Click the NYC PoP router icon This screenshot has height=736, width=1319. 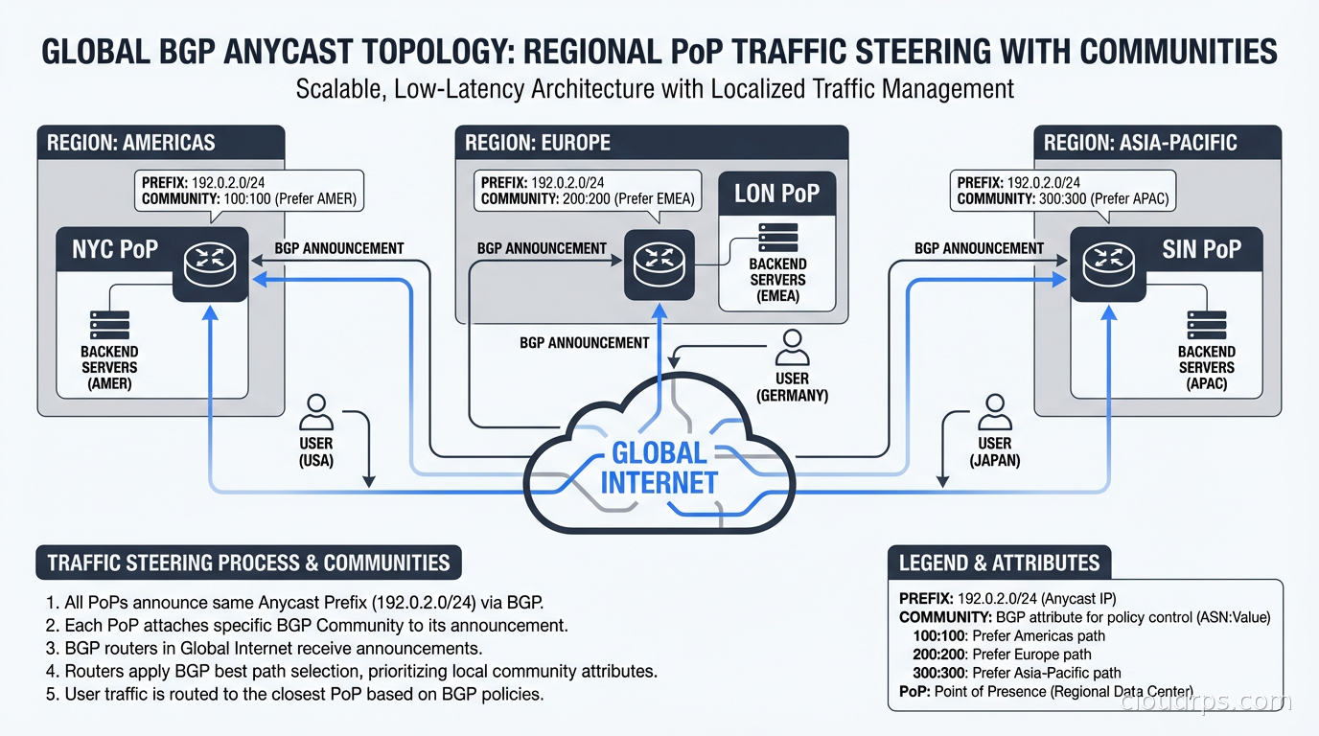(x=210, y=264)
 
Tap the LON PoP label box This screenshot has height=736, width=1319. (x=776, y=194)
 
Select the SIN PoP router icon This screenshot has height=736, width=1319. (x=1107, y=264)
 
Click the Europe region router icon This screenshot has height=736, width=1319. (x=659, y=264)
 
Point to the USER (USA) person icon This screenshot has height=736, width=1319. (x=315, y=413)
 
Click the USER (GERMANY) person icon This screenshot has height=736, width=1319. (x=792, y=349)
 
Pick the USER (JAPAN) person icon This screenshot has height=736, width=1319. (x=994, y=413)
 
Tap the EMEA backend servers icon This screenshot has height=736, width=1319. (x=776, y=237)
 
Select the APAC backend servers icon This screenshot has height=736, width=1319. (x=1206, y=326)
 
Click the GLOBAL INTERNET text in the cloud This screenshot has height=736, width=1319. (x=659, y=468)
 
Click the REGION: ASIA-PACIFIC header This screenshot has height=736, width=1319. (x=1140, y=143)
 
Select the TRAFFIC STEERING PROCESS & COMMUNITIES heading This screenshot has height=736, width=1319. (x=248, y=563)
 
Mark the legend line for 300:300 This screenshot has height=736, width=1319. (x=1017, y=673)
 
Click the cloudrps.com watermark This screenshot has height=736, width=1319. (x=1205, y=702)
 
